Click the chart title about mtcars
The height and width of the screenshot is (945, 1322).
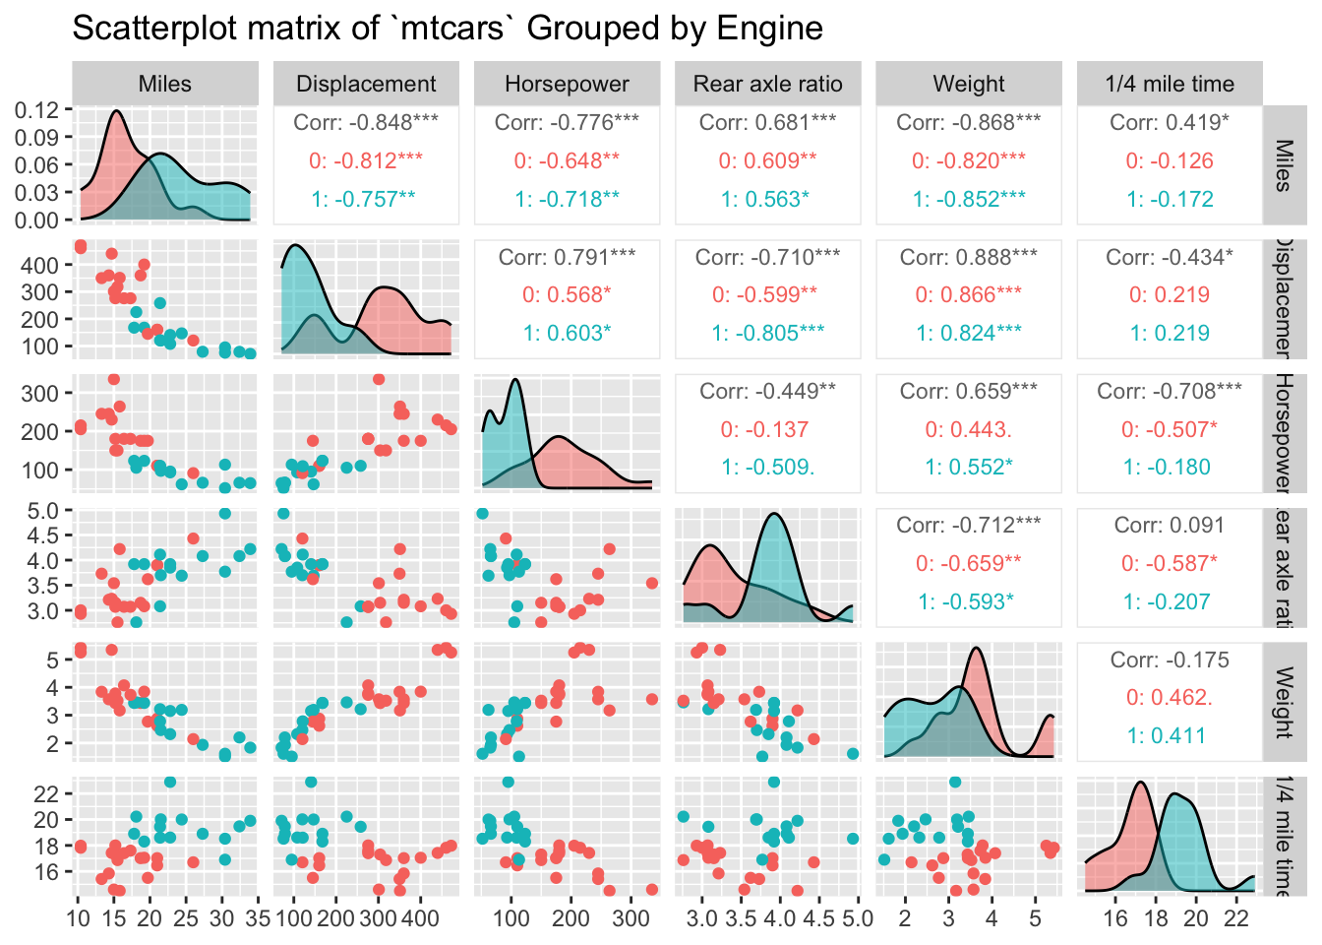click(x=448, y=29)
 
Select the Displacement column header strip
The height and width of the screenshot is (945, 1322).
click(x=366, y=84)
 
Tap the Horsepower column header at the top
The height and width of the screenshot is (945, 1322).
click(x=567, y=84)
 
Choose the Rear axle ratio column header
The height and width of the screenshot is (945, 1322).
click(x=767, y=84)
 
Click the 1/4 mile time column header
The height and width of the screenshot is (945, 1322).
click(x=1170, y=84)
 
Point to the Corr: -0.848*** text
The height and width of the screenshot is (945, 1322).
click(x=366, y=123)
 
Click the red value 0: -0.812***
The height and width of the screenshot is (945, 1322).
click(x=366, y=160)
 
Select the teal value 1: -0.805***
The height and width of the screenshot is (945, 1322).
click(x=767, y=333)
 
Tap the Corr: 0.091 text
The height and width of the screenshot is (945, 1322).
click(x=1170, y=526)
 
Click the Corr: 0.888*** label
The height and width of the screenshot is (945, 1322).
click(x=969, y=257)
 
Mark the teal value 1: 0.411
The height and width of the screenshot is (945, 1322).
click(x=1170, y=735)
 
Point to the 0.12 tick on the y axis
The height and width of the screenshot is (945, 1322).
click(x=37, y=109)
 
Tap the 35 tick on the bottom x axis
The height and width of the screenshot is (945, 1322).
click(x=258, y=918)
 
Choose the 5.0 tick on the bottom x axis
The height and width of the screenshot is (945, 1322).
click(x=857, y=918)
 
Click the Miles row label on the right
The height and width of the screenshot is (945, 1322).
click(x=1284, y=164)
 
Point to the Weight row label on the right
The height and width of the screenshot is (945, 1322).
click(x=1284, y=702)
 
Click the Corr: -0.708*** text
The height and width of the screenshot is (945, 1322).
click(x=1170, y=392)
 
